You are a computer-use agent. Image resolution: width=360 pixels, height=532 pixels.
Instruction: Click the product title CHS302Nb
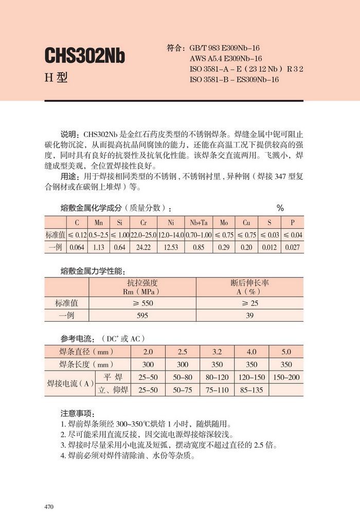(x=85, y=56)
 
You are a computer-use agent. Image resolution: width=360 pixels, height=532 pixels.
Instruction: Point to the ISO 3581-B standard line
(x=234, y=80)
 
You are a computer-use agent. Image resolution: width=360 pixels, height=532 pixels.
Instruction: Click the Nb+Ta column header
(x=199, y=223)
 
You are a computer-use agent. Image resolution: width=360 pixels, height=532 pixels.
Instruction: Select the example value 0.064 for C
(x=77, y=247)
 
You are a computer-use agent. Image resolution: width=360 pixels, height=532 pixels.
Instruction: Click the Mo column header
(x=224, y=223)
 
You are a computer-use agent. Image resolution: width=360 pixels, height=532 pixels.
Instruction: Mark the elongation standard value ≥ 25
(x=249, y=303)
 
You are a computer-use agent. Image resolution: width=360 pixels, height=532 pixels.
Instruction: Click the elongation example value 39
(x=249, y=316)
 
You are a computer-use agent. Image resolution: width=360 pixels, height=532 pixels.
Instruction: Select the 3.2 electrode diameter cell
(x=217, y=352)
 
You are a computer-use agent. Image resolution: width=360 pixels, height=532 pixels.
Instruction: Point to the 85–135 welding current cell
(x=251, y=390)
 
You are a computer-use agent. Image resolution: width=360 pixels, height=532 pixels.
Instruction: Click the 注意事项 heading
(x=77, y=413)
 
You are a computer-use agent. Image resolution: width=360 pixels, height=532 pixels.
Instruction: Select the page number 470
(x=49, y=507)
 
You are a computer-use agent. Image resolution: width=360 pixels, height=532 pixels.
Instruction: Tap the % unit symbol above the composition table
(x=280, y=208)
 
